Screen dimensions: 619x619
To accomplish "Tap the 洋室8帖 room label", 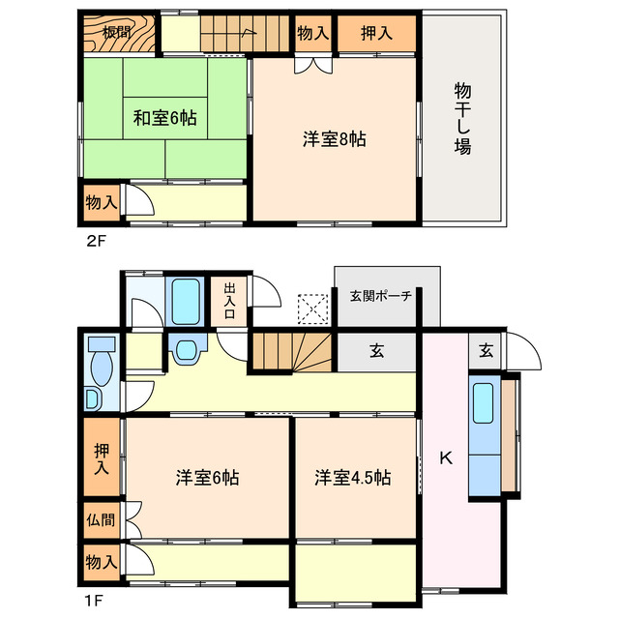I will (x=334, y=139).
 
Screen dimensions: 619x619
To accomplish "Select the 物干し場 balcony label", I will (x=462, y=120).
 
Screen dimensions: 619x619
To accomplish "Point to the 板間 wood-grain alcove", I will (x=118, y=35).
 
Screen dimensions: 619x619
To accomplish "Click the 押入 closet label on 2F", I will (x=377, y=33).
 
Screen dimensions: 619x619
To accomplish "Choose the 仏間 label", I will (x=100, y=519).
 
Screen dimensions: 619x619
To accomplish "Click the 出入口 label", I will (x=231, y=300).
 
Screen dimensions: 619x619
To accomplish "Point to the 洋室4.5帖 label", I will (x=352, y=477).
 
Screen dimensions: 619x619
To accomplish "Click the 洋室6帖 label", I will (x=207, y=477).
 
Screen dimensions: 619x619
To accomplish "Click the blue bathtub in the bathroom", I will (x=184, y=302).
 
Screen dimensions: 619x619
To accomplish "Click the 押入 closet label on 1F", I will (x=102, y=458).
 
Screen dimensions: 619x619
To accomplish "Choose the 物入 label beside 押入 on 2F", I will (x=312, y=33).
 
